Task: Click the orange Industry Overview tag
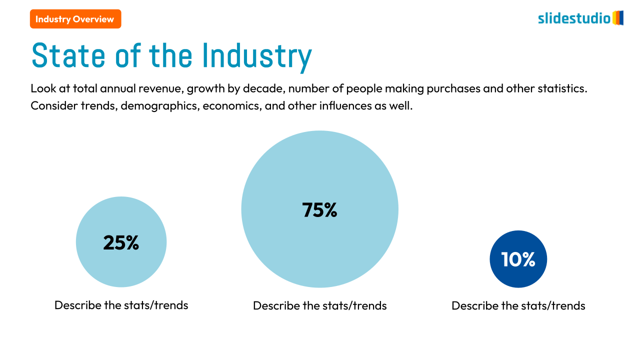coord(75,19)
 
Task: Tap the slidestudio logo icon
coord(618,18)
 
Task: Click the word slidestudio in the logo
coord(574,18)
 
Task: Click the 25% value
coord(121,242)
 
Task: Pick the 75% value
coord(319,210)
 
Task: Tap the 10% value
coord(518,259)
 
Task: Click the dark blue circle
coord(518,275)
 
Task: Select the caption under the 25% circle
coord(121,305)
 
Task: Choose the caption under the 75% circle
coord(319,305)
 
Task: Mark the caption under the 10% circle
coord(518,305)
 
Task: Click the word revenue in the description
coord(161,89)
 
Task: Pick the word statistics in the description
coord(561,89)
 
